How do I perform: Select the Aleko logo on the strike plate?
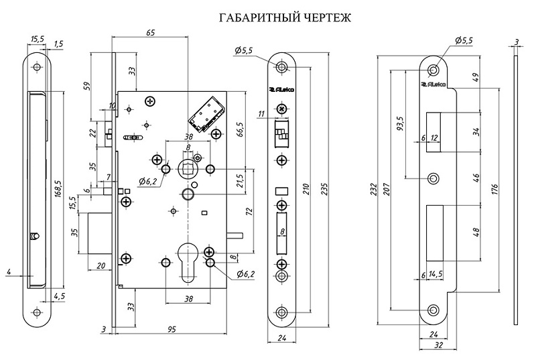433,84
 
